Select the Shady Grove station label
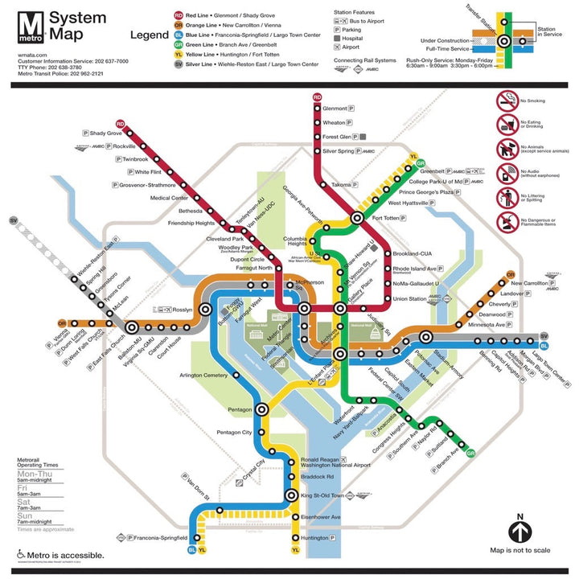pos(105,133)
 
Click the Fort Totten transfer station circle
pos(357,218)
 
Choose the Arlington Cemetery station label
pos(203,376)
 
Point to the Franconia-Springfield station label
pos(158,537)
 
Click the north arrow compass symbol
pos(520,532)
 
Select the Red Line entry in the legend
pos(226,14)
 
